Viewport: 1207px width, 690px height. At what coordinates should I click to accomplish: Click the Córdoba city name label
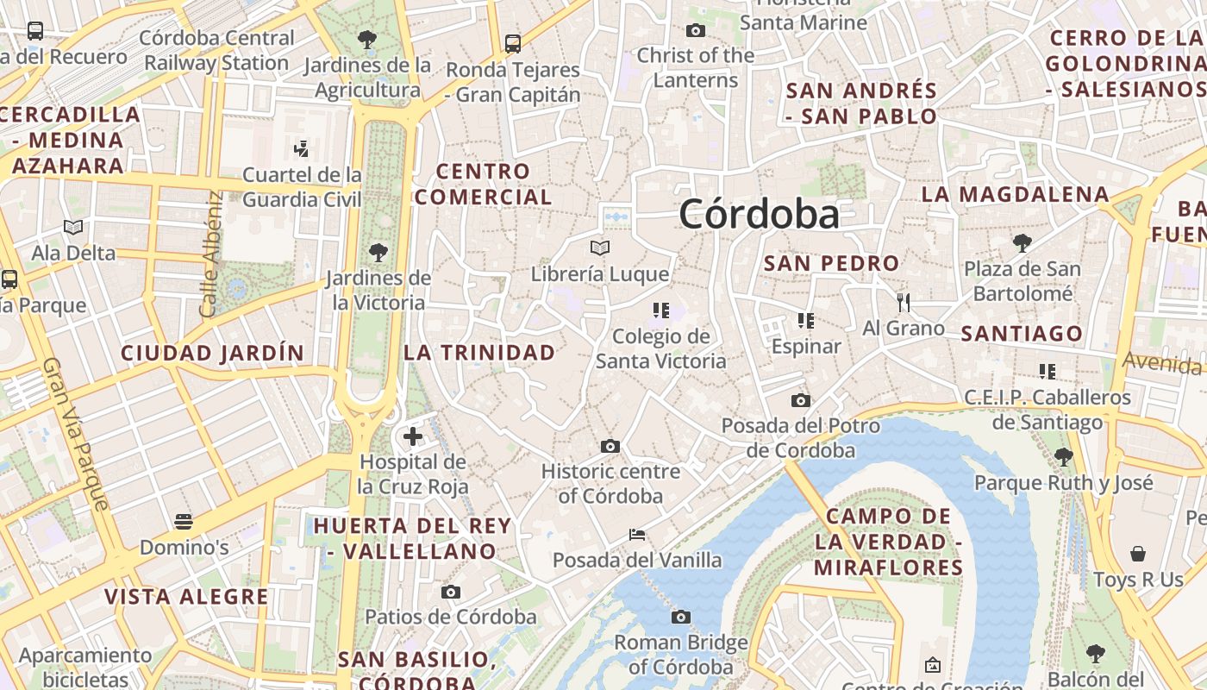pyautogui.click(x=759, y=214)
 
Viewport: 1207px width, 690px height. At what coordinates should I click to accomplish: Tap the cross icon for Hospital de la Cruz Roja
pyautogui.click(x=413, y=436)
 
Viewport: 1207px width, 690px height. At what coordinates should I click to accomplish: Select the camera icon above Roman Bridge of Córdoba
pyautogui.click(x=681, y=617)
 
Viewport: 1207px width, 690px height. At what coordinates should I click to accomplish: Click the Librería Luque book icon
pyautogui.click(x=600, y=248)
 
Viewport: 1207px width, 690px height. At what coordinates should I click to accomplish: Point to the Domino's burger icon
pyautogui.click(x=184, y=521)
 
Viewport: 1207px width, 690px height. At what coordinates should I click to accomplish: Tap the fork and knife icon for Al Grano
pyautogui.click(x=904, y=302)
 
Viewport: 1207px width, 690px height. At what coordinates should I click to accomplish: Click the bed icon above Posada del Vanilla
pyautogui.click(x=637, y=535)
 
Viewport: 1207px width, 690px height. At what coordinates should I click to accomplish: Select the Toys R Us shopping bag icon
pyautogui.click(x=1138, y=553)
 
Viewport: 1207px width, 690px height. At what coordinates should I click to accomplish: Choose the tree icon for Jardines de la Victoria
pyautogui.click(x=378, y=252)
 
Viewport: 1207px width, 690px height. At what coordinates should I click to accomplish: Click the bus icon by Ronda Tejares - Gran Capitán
pyautogui.click(x=513, y=43)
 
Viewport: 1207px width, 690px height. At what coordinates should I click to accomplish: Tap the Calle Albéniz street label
pyautogui.click(x=211, y=254)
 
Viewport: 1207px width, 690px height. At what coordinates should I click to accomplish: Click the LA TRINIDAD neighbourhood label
pyautogui.click(x=479, y=352)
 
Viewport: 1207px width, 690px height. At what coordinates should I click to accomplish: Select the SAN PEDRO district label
pyautogui.click(x=831, y=263)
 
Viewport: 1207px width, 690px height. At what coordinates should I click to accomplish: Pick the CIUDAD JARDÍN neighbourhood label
pyautogui.click(x=212, y=353)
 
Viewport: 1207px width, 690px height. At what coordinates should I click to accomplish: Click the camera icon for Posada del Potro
pyautogui.click(x=801, y=400)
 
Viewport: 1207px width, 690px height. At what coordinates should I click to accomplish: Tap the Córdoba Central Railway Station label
pyautogui.click(x=216, y=50)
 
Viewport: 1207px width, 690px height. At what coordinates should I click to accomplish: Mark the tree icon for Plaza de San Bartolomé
pyautogui.click(x=1023, y=242)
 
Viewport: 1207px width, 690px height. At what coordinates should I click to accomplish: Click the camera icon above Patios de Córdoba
pyautogui.click(x=450, y=592)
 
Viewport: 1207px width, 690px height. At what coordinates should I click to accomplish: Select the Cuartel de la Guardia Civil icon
pyautogui.click(x=301, y=148)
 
